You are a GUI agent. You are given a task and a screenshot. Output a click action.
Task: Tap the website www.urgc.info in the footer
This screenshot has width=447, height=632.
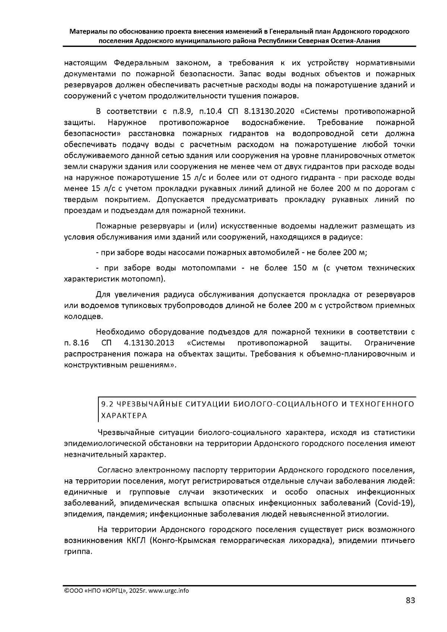(169, 591)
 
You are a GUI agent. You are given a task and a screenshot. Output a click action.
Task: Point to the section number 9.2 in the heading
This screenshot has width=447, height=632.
(107, 404)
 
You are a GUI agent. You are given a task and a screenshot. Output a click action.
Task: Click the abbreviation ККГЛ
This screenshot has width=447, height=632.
(134, 540)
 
